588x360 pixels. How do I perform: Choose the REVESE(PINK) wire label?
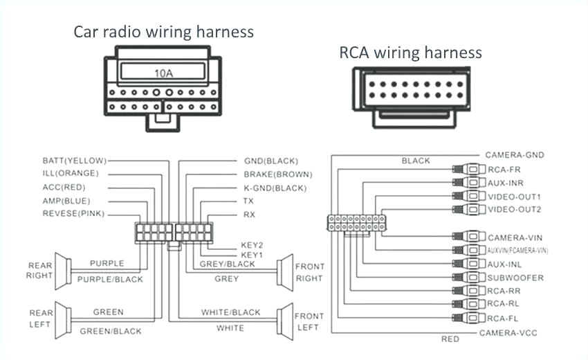pyautogui.click(x=73, y=214)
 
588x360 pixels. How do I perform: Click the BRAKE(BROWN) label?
pyautogui.click(x=277, y=174)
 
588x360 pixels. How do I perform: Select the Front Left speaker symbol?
pyautogui.click(x=284, y=319)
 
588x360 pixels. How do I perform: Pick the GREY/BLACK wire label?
pyautogui.click(x=227, y=264)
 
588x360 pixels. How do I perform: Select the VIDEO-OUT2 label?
pyautogui.click(x=514, y=209)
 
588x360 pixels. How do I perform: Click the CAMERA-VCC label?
pyautogui.click(x=508, y=333)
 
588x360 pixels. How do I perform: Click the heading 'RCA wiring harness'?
pyautogui.click(x=410, y=53)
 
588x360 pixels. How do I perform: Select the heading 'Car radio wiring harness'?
pyautogui.click(x=163, y=32)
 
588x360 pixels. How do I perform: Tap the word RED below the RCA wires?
pyautogui.click(x=450, y=339)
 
